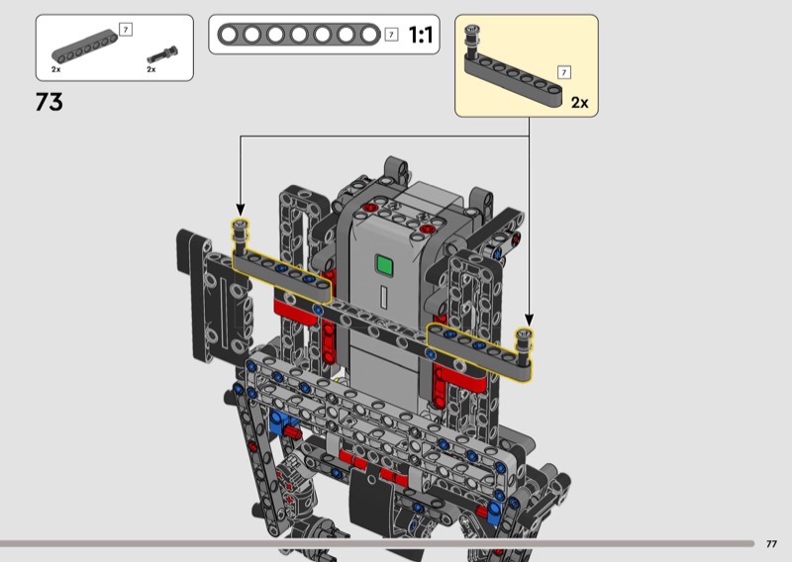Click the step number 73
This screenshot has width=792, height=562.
(x=49, y=102)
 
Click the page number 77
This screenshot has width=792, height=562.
(x=771, y=544)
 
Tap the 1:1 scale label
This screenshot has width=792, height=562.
(x=420, y=36)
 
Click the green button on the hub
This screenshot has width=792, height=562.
(x=384, y=265)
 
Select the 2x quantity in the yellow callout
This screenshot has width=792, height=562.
(x=579, y=103)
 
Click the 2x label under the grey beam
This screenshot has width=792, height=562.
(x=55, y=69)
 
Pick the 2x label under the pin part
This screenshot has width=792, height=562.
(x=151, y=69)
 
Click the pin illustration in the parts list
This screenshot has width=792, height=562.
(x=162, y=53)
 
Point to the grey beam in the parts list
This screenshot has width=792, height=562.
(x=84, y=47)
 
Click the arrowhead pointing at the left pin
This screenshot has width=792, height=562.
(x=241, y=210)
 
